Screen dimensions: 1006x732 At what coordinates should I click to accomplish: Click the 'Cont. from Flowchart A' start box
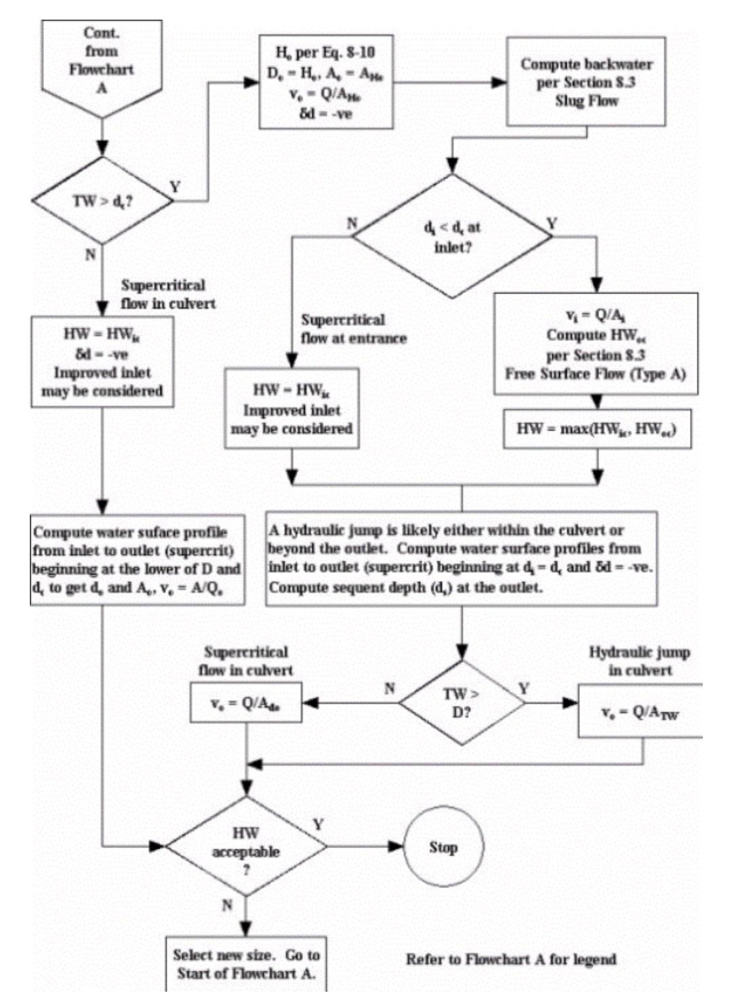pyautogui.click(x=102, y=61)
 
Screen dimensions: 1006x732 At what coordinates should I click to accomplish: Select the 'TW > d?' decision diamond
pyautogui.click(x=102, y=201)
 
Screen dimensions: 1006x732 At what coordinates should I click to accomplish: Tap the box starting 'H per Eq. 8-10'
pyautogui.click(x=326, y=82)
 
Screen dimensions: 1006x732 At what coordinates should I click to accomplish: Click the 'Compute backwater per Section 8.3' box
pyautogui.click(x=586, y=82)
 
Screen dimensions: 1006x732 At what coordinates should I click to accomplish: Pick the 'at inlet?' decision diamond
pyautogui.click(x=453, y=237)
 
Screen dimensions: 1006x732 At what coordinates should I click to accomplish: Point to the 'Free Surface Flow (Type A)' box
pyautogui.click(x=596, y=344)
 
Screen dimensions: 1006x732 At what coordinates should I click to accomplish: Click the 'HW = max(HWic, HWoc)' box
pyautogui.click(x=597, y=428)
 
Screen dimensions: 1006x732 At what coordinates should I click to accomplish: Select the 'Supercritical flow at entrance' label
pyautogui.click(x=354, y=329)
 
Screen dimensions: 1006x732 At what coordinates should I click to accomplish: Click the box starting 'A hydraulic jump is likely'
pyautogui.click(x=462, y=559)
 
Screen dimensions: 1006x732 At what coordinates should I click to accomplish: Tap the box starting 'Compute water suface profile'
pyautogui.click(x=138, y=560)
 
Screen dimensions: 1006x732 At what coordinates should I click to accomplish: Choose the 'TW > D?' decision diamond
pyautogui.click(x=462, y=703)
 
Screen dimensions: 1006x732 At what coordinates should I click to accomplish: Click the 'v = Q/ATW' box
pyautogui.click(x=640, y=711)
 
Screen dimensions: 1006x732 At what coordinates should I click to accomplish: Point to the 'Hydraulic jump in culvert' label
pyautogui.click(x=639, y=661)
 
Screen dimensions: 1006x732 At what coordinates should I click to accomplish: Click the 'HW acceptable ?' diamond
pyautogui.click(x=246, y=846)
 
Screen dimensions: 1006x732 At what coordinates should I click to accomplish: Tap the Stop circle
pyautogui.click(x=443, y=847)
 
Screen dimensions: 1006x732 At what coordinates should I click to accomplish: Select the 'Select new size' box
pyautogui.click(x=246, y=963)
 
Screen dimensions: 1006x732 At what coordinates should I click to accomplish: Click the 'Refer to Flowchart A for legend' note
pyautogui.click(x=511, y=959)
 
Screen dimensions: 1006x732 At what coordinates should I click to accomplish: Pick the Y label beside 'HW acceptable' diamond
pyautogui.click(x=318, y=824)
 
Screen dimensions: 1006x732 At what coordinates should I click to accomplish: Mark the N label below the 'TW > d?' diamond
pyautogui.click(x=90, y=255)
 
